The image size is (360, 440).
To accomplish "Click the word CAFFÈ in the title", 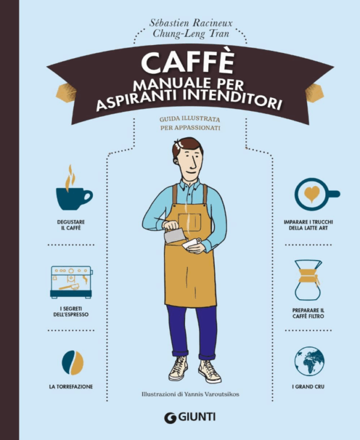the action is click(x=188, y=62).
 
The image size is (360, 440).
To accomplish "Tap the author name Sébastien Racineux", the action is click(x=191, y=22).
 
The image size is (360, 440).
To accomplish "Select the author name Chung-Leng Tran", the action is click(x=191, y=34).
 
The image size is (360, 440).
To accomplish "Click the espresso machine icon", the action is click(x=71, y=282).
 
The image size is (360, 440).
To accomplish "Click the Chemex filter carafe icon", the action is click(x=308, y=280).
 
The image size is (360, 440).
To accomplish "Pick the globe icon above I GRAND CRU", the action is click(x=309, y=361).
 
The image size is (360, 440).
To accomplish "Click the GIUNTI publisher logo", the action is click(x=190, y=417).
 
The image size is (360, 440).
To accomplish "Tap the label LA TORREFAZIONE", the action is click(x=71, y=387).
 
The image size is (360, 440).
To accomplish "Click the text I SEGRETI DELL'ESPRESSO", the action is click(x=71, y=312).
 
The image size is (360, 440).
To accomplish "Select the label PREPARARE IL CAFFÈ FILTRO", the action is click(x=308, y=314).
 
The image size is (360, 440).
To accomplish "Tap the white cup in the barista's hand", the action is click(x=191, y=243).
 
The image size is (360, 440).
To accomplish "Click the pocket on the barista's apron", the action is click(x=190, y=222).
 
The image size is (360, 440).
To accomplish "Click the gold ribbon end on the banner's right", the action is click(x=314, y=92).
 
